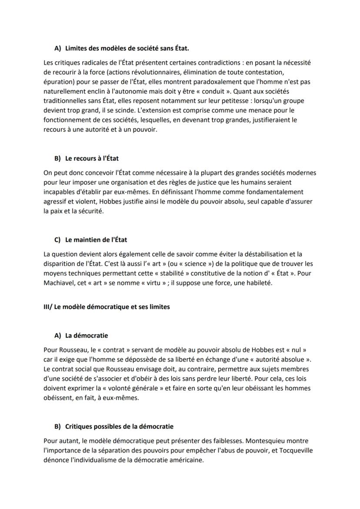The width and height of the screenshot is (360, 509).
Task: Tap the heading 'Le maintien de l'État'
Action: [x=96, y=240]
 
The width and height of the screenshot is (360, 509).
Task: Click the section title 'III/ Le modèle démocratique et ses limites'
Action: [x=107, y=306]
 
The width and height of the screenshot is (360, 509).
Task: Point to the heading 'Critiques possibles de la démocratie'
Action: [x=119, y=426]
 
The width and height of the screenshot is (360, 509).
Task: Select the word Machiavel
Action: [x=60, y=283]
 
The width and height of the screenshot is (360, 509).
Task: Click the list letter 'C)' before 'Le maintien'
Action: [x=58, y=240]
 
